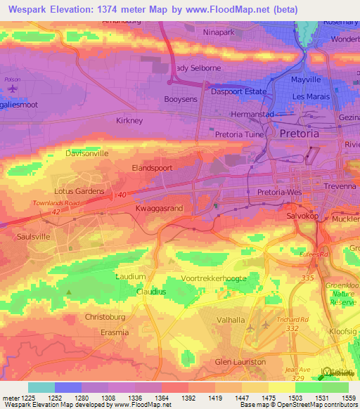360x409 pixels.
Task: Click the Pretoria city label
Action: [299, 134]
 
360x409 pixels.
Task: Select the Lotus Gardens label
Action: [79, 191]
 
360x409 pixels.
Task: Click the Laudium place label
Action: [131, 277]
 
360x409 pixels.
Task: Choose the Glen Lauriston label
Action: [240, 361]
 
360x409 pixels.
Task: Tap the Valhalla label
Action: [231, 320]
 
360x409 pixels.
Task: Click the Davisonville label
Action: [86, 153]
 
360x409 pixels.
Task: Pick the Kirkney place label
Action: [129, 121]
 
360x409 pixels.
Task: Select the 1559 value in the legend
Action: [347, 398]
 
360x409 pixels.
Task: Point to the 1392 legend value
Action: [188, 398]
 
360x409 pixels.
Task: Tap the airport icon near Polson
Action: [12, 90]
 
